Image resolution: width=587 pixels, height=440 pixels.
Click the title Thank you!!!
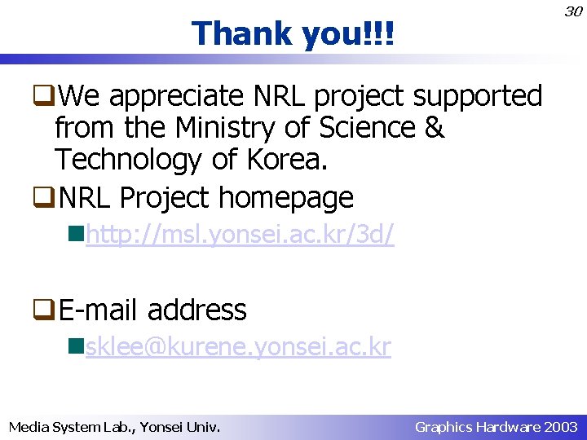click(293, 34)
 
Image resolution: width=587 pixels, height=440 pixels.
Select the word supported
click(478, 97)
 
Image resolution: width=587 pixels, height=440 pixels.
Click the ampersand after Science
click(435, 128)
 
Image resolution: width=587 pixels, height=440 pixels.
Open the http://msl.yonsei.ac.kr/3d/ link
click(241, 235)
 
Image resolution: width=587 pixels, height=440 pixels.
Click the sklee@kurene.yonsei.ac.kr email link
click(238, 348)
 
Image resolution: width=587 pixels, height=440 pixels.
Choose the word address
click(197, 310)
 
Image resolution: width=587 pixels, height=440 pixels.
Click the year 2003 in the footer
click(562, 426)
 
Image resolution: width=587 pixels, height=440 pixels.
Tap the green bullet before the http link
click(78, 235)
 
